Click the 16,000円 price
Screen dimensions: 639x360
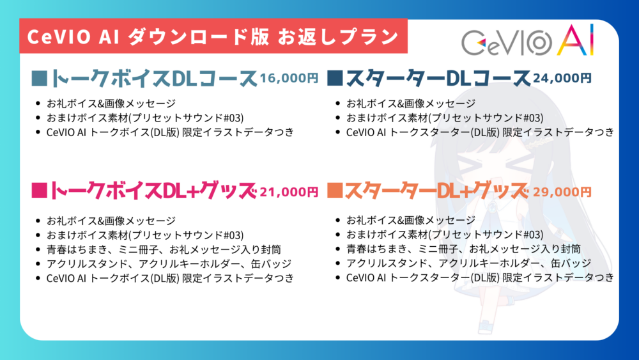click(x=289, y=78)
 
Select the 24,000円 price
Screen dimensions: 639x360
click(x=562, y=78)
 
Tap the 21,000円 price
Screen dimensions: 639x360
click(x=289, y=192)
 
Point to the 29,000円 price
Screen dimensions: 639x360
click(x=562, y=192)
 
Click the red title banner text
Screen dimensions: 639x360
click(x=213, y=36)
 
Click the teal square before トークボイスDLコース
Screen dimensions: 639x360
click(x=40, y=78)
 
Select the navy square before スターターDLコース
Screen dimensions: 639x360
click(x=335, y=78)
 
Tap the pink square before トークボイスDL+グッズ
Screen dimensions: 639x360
click(x=40, y=191)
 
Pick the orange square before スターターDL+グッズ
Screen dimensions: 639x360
click(x=335, y=191)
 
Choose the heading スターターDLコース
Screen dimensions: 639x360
click(x=438, y=78)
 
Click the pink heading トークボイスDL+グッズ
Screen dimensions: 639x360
click(x=153, y=191)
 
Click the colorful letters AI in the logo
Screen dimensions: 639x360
click(x=576, y=40)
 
